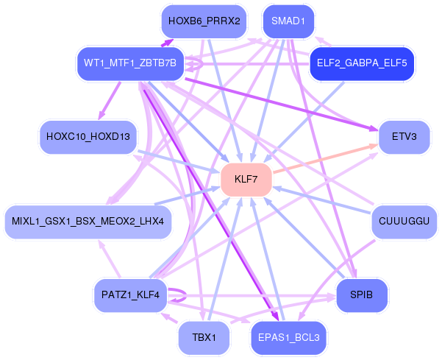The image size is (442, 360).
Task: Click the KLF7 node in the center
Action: click(x=246, y=180)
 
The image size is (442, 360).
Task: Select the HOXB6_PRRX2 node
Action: click(x=204, y=21)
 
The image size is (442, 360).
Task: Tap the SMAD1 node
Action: click(x=288, y=21)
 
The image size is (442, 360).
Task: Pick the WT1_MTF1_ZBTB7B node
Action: click(x=130, y=63)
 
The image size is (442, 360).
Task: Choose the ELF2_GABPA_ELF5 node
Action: click(x=362, y=63)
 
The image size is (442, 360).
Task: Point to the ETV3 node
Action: click(x=404, y=137)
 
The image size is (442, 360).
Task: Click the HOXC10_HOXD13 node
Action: click(x=88, y=137)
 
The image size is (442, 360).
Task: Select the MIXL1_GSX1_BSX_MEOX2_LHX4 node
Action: click(x=88, y=222)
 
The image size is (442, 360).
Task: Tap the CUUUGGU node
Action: click(x=404, y=222)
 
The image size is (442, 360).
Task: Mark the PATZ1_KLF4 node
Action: click(x=130, y=295)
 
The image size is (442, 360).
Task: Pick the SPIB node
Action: click(x=362, y=295)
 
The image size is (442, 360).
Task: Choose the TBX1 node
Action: click(x=204, y=337)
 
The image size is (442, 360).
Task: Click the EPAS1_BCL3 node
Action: click(x=288, y=337)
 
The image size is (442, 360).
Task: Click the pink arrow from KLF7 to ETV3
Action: click(x=325, y=158)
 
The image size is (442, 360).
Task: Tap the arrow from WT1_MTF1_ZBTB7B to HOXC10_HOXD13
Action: click(x=110, y=101)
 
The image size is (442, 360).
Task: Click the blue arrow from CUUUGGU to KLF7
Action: click(x=322, y=200)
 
